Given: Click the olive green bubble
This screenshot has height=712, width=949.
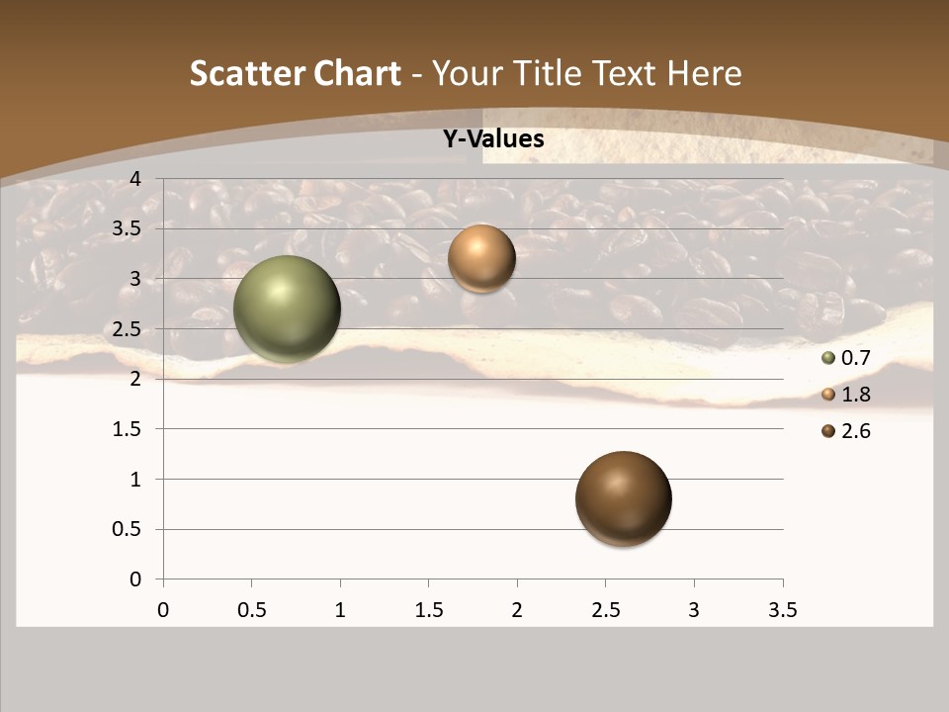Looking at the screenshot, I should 287,309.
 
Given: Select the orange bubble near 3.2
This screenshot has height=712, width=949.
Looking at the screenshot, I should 481,258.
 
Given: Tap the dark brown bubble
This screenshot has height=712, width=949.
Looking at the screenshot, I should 623,498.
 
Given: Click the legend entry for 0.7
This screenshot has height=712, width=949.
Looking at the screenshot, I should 845,358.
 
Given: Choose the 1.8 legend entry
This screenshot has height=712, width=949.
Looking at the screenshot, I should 845,395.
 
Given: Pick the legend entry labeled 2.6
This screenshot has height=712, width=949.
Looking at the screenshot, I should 845,431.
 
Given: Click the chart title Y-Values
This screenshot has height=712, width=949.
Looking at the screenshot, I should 493,139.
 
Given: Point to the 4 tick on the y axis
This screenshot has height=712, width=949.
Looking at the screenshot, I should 135,178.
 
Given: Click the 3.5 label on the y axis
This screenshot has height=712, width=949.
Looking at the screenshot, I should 128,228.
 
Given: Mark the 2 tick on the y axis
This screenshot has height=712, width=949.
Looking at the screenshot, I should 135,379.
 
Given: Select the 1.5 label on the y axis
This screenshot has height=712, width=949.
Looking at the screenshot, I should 128,429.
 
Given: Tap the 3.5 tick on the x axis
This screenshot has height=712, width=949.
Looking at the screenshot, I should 783,610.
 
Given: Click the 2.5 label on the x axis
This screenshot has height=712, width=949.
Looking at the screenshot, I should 605,610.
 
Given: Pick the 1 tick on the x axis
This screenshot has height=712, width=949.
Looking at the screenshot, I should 340,610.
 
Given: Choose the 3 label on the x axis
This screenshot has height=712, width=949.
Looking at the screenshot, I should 694,610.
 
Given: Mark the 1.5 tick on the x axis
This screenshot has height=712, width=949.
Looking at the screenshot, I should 428,610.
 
